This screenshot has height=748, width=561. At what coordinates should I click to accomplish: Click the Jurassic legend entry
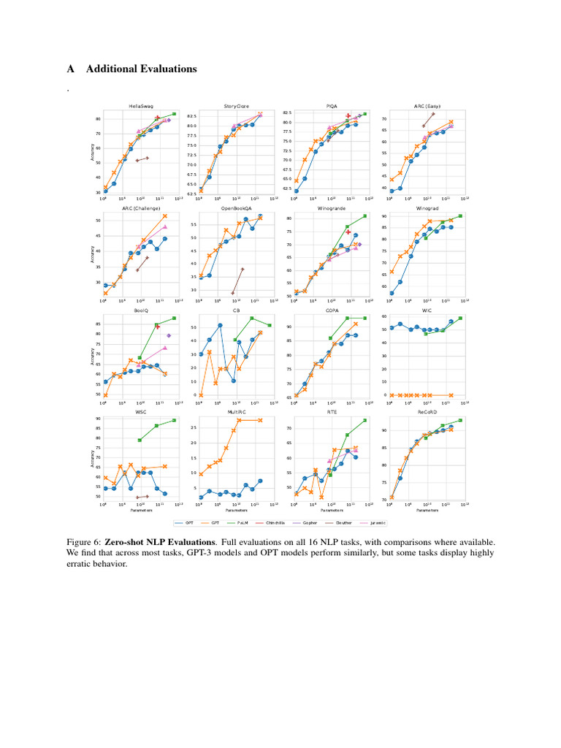tap(375, 523)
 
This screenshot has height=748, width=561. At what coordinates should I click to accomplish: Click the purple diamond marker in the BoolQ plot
tap(169, 336)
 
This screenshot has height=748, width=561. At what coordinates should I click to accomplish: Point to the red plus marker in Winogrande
tap(348, 232)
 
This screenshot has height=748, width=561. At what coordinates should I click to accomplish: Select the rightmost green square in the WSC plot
tap(173, 420)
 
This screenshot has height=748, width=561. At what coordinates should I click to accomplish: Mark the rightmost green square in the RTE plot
tap(364, 420)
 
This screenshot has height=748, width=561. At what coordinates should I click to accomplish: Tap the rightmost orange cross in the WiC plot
tap(451, 395)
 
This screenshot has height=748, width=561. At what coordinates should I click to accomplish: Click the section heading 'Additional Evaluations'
tap(141, 69)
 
